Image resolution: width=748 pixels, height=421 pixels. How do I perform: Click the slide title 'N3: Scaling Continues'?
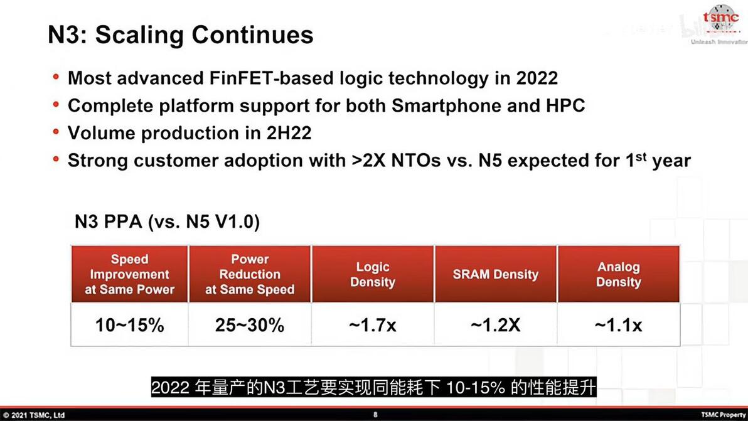[x=181, y=35]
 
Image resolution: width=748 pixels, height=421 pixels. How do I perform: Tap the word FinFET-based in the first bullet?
[x=250, y=78]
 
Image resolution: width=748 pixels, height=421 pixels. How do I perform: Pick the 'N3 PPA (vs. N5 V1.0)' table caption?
[x=167, y=221]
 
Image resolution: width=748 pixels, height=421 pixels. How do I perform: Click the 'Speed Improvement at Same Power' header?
[x=130, y=274]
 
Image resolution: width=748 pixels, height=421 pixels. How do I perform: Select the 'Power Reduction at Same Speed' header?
[x=250, y=274]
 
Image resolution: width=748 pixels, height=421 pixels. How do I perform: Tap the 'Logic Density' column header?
[x=373, y=274]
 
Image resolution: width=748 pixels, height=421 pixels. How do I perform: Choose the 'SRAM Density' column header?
[x=496, y=274]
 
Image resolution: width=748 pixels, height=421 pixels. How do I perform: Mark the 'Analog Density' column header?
[x=618, y=274]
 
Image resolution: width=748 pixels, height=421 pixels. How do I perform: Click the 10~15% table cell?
[x=130, y=325]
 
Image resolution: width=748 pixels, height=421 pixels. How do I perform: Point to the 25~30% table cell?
[x=250, y=325]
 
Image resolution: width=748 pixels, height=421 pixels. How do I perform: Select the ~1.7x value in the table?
[x=373, y=325]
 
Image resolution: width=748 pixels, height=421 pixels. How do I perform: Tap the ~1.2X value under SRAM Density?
[x=496, y=325]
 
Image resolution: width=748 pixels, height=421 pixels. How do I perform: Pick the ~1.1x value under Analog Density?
[x=618, y=325]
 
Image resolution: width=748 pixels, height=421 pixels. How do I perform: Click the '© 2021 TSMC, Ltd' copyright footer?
[x=34, y=415]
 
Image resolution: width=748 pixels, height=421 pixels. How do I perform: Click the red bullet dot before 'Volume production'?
[x=56, y=132]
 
